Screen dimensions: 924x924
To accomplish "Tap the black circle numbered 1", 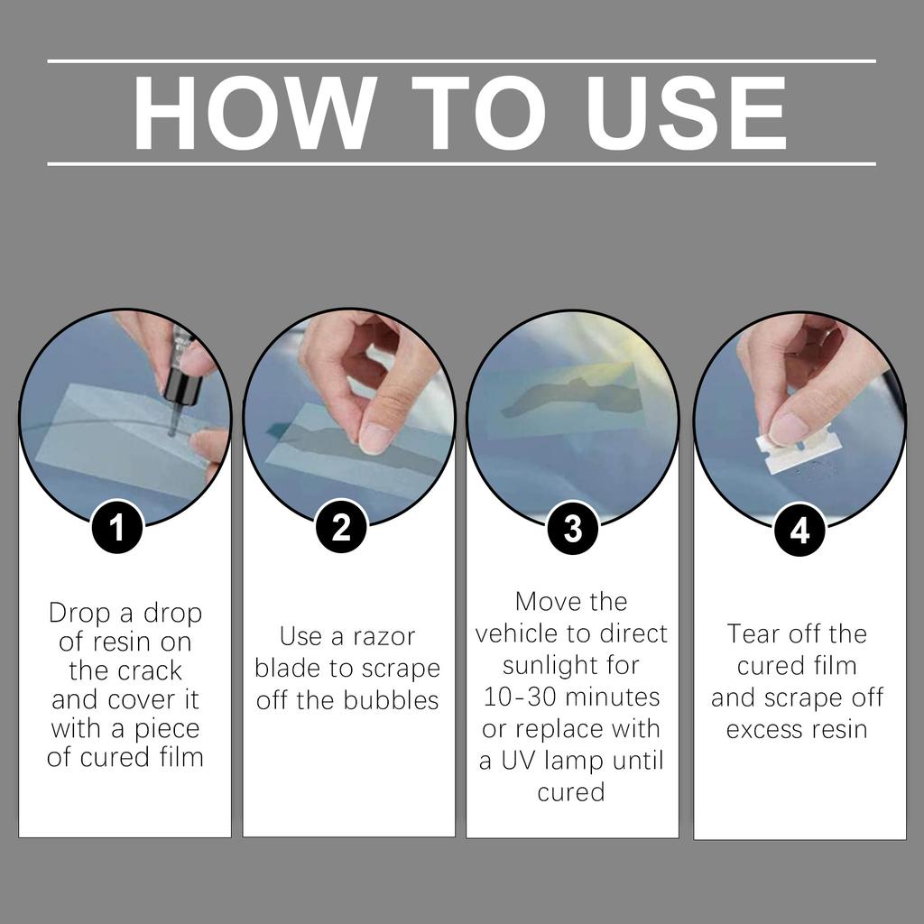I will pyautogui.click(x=116, y=528).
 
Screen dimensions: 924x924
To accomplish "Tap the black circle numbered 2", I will pyautogui.click(x=340, y=528).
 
